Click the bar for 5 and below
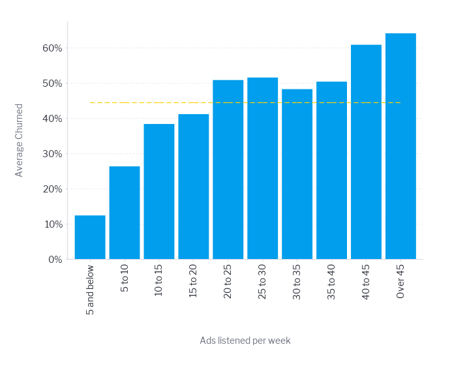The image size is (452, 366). tap(90, 237)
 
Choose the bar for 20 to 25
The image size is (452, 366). tap(228, 169)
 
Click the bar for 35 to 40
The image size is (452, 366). tap(331, 170)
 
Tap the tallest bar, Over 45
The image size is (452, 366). tap(400, 146)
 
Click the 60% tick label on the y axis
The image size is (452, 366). tap(52, 48)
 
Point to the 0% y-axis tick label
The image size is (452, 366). tap(55, 259)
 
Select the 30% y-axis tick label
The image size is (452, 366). tap(52, 154)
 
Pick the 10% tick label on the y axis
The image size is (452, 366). tap(52, 224)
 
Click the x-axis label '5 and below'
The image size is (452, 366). tap(90, 289)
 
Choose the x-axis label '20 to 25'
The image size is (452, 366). tap(228, 281)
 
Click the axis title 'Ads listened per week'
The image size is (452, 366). tap(245, 341)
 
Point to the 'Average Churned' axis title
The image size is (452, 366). tap(20, 140)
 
